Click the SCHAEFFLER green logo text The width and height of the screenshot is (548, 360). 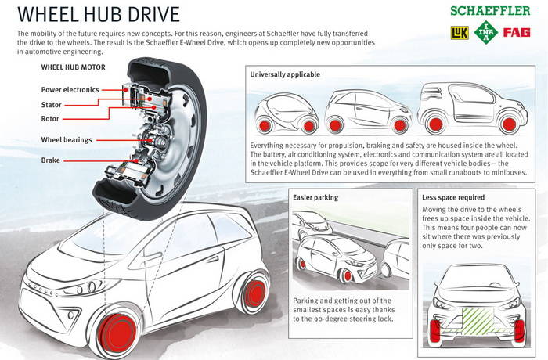click(x=490, y=11)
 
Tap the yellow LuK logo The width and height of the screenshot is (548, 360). click(x=460, y=33)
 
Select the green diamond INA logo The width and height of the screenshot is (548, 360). click(x=486, y=33)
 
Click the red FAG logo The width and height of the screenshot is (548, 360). click(x=517, y=33)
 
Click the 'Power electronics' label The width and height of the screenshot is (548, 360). click(x=70, y=90)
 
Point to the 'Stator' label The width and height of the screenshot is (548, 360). click(x=52, y=105)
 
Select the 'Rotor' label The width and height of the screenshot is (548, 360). click(x=50, y=119)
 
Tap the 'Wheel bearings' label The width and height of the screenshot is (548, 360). click(x=67, y=140)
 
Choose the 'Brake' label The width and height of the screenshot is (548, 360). click(x=51, y=160)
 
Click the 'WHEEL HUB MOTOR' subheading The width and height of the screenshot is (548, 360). click(x=73, y=67)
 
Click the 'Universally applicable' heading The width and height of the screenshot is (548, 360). click(x=285, y=74)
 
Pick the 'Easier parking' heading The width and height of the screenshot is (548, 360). click(x=315, y=197)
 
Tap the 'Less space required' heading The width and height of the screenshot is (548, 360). click(x=453, y=197)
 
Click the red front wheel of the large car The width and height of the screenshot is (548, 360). click(x=117, y=332)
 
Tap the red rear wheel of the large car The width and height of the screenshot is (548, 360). click(x=254, y=293)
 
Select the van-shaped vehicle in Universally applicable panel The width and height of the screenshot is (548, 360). click(x=473, y=108)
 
